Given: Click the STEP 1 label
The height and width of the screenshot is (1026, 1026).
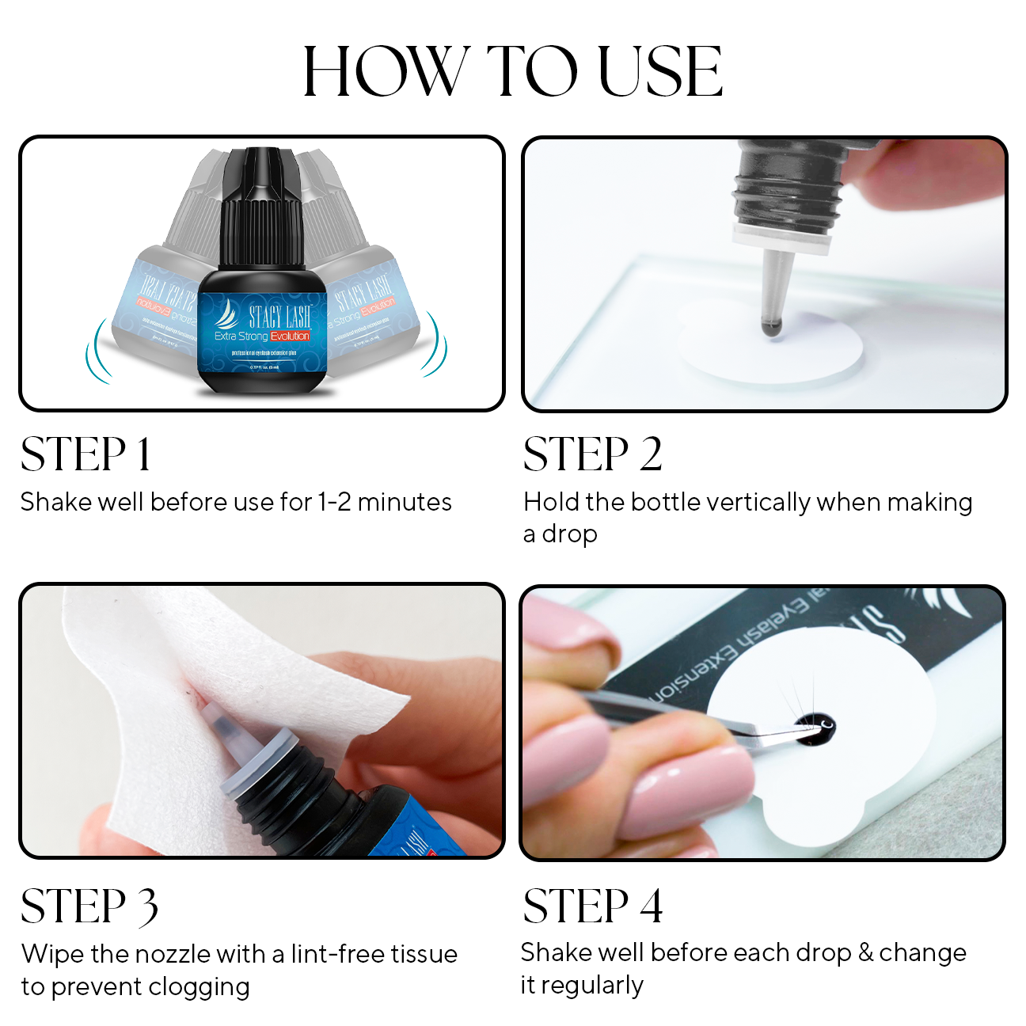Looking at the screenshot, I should point(85,454).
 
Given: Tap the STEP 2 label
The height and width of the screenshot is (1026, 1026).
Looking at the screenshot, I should point(592,454).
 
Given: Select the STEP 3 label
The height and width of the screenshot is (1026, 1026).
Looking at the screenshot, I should point(89,906).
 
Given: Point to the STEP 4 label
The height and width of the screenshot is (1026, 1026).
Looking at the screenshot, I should point(592,906).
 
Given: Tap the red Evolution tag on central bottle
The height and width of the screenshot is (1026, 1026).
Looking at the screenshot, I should point(289,336).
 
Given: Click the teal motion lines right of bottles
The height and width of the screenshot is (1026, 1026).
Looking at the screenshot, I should point(435,344).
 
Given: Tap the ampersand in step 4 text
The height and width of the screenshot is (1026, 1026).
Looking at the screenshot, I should point(865,952).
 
